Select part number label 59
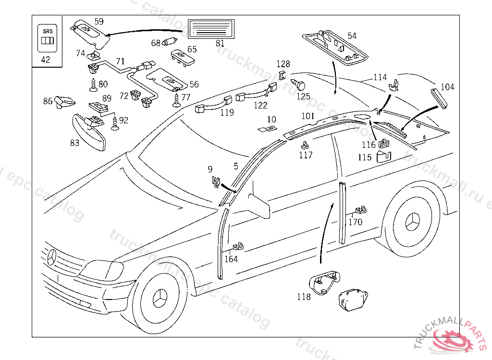coord(98,21)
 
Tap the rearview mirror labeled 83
coord(89,132)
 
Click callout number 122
coord(260,105)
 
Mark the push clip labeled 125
coord(301,85)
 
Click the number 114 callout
coord(380,77)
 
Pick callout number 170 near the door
coord(355,222)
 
